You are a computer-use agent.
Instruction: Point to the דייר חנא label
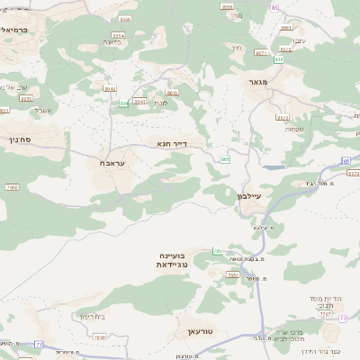[x=170, y=142]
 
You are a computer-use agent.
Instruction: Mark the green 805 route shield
[x=224, y=158]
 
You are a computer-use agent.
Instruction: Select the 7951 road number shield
[x=232, y=275]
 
